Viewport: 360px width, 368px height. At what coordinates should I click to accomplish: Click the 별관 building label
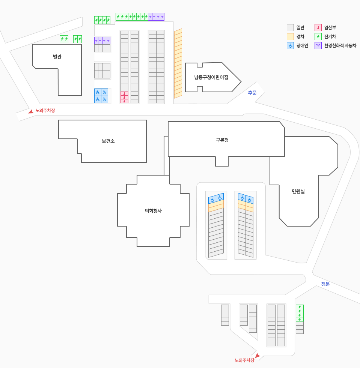point(57,57)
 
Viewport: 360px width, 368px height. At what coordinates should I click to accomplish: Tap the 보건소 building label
point(108,141)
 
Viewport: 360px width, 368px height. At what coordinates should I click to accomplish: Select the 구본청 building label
point(222,140)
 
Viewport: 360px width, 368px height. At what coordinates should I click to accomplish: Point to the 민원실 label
point(298,191)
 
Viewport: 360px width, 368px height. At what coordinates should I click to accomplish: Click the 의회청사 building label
point(153,211)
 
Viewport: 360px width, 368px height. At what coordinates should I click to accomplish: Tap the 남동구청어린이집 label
point(211,77)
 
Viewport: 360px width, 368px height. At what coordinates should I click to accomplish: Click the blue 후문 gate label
point(252,93)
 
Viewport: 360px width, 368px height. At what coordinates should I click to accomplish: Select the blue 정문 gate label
point(325,284)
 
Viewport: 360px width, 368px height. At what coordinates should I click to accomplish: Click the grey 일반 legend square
point(290,27)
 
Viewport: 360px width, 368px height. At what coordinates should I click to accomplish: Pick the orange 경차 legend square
point(290,36)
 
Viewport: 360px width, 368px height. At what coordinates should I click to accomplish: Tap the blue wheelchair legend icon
point(290,45)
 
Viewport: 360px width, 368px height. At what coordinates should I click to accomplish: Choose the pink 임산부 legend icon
point(318,27)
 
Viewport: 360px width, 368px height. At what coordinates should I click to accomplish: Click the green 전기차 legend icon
point(318,36)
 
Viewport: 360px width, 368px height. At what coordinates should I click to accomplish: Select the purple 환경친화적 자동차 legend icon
point(318,45)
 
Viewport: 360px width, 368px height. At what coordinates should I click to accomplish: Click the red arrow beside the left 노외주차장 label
point(31,111)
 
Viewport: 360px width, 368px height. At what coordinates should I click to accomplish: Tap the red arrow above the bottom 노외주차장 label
point(258,356)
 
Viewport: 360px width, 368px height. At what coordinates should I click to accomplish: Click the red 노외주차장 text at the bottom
point(244,360)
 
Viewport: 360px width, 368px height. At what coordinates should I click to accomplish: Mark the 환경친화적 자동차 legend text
point(340,45)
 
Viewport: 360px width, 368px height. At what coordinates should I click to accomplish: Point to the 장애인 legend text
point(302,45)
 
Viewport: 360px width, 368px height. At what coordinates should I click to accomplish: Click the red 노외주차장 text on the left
point(45,110)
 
